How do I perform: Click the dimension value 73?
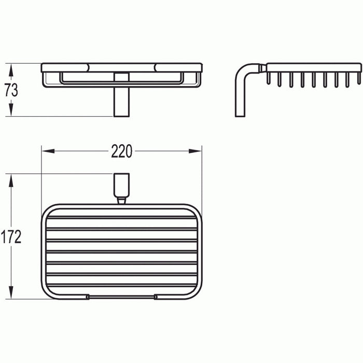click(x=11, y=90)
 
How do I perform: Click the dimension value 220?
click(x=122, y=151)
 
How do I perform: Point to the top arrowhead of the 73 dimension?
click(x=11, y=67)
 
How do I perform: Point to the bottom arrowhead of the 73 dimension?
click(x=11, y=112)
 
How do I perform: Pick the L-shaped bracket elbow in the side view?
click(x=244, y=73)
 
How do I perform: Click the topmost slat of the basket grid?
click(x=122, y=217)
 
